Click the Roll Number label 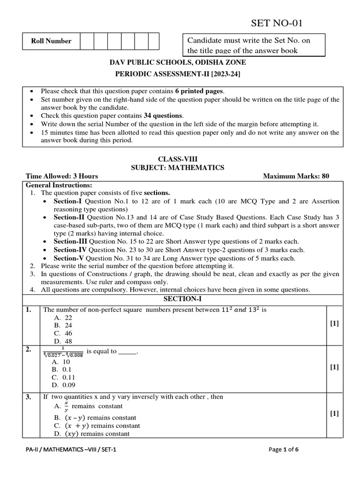(x=51, y=41)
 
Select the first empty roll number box (x=87, y=41)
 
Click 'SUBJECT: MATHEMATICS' (x=177, y=167)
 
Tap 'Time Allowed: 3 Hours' (x=62, y=176)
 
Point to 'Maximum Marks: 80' (x=296, y=176)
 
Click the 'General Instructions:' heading (x=59, y=185)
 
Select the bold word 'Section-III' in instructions (x=71, y=241)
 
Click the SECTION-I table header (x=176, y=299)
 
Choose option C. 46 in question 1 (x=63, y=333)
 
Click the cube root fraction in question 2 (x=62, y=352)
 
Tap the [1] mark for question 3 (x=334, y=413)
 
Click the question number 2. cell (x=29, y=349)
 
